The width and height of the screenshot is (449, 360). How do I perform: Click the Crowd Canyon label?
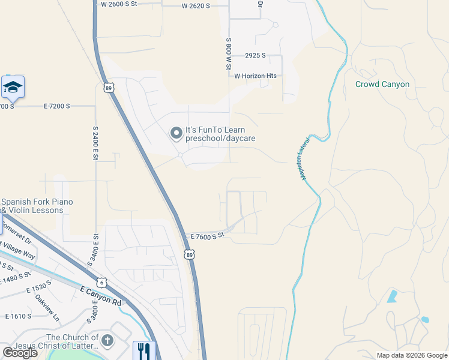[x=382, y=84]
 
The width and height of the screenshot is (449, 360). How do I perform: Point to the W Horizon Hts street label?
[x=255, y=76]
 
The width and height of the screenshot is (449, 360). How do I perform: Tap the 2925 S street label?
[x=255, y=55]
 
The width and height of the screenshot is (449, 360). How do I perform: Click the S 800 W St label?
[x=229, y=54]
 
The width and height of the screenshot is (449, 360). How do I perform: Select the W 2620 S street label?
[x=196, y=6]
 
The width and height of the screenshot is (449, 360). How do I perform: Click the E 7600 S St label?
[x=205, y=236]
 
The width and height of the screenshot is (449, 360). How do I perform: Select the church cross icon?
[x=107, y=341]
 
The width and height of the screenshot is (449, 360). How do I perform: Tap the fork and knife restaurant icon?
[x=144, y=350]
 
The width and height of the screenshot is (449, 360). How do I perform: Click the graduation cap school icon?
[x=13, y=88]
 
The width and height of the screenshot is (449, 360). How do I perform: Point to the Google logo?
[x=20, y=353]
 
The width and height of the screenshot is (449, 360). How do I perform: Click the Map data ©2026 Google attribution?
[x=412, y=355]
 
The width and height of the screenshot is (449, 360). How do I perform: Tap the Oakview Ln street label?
[x=47, y=306]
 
